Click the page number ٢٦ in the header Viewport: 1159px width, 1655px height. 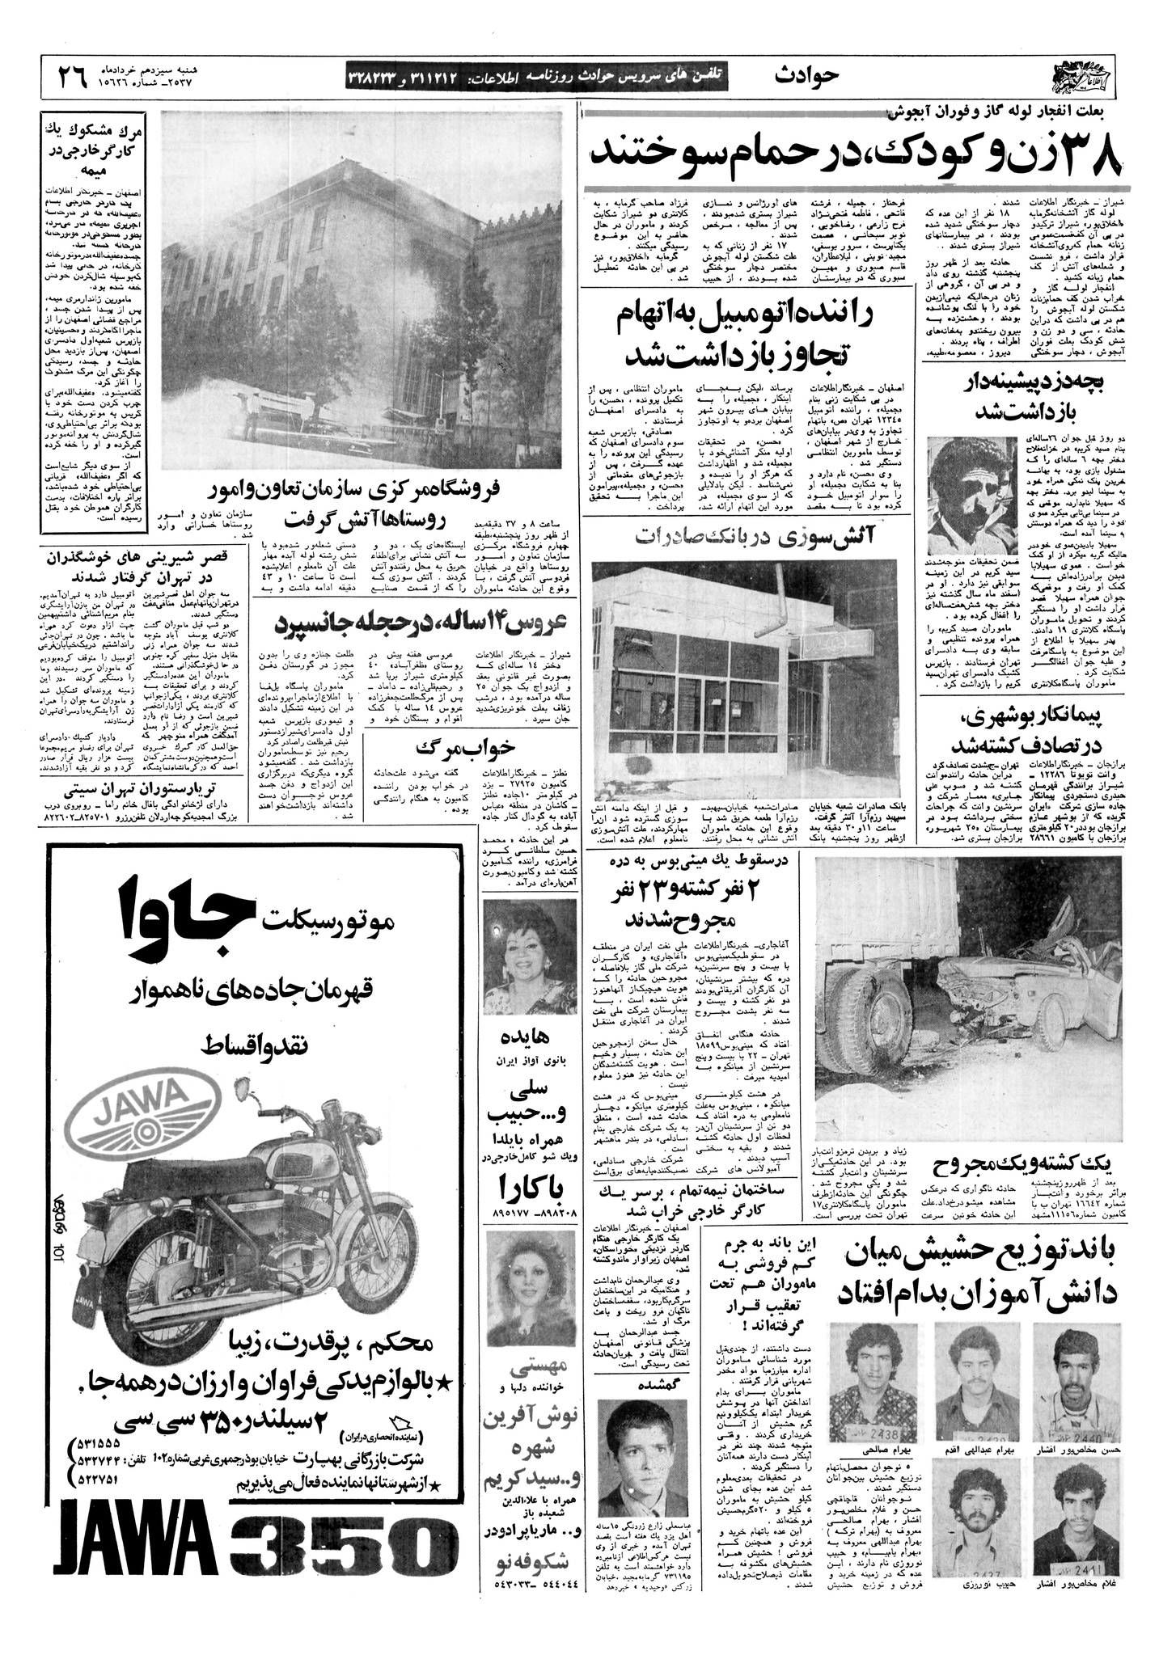click(x=72, y=77)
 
